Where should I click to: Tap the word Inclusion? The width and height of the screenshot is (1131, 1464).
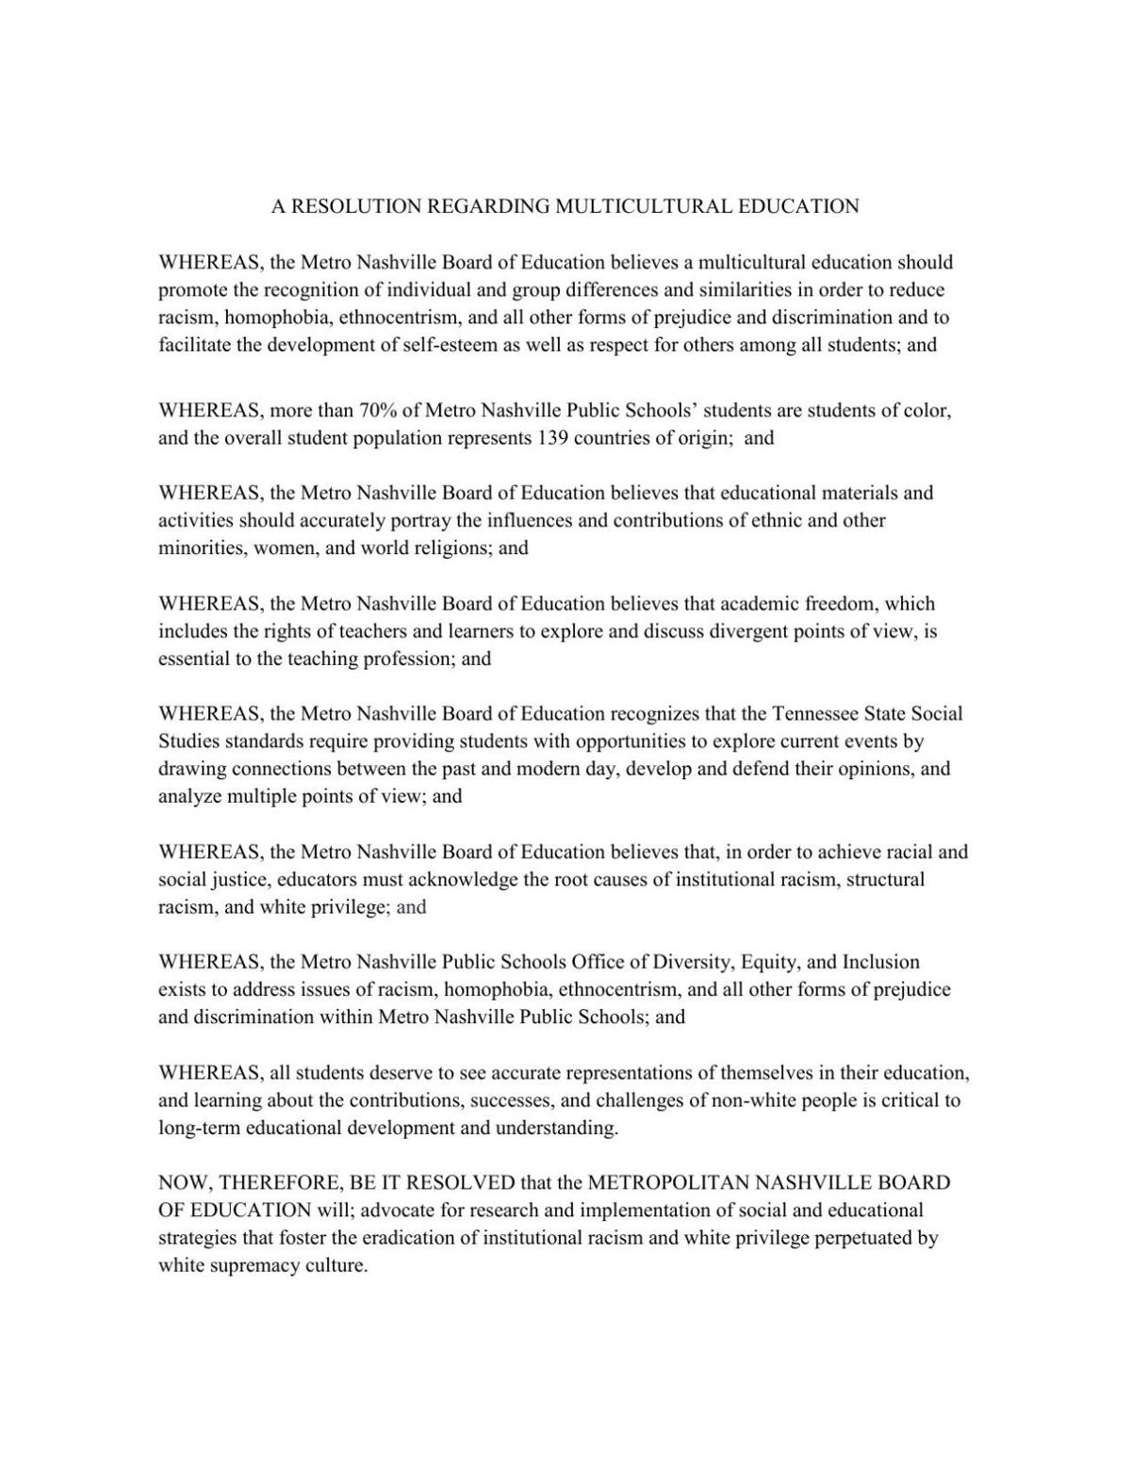coord(880,963)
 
